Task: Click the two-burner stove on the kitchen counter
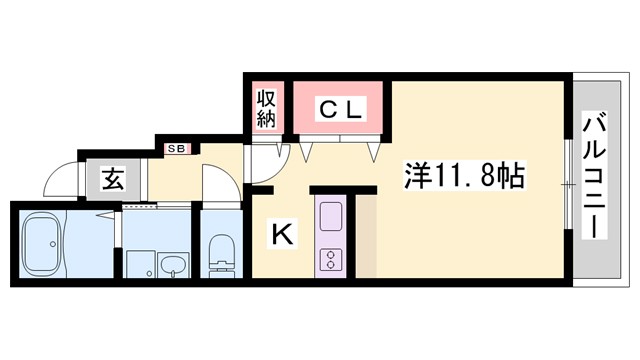(x=330, y=259)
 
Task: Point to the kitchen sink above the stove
(x=330, y=215)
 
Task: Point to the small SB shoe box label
(x=175, y=150)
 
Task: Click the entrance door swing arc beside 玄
(x=62, y=180)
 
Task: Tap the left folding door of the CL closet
(x=305, y=150)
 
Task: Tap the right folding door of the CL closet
(x=375, y=150)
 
